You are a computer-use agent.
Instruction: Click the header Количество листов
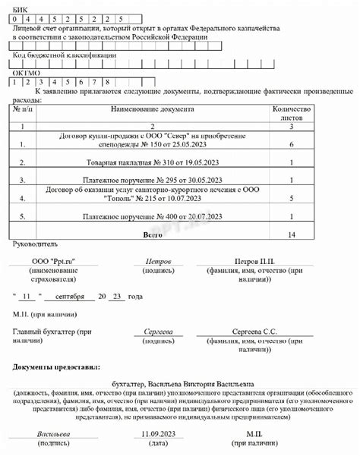[x=292, y=114]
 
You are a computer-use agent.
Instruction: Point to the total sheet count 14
[x=292, y=235]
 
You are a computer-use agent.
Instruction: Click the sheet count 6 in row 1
[x=292, y=142]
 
